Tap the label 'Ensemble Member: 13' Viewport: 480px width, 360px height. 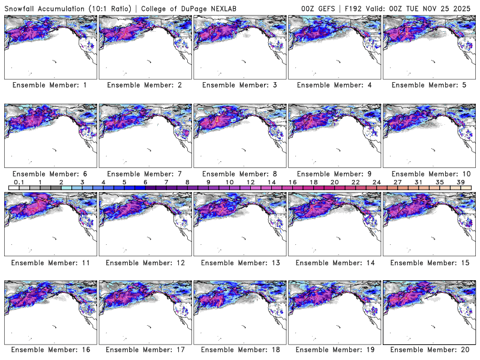pyautogui.click(x=239, y=262)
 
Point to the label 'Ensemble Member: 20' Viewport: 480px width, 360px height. pyautogui.click(x=428, y=350)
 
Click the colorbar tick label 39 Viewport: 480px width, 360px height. pyautogui.click(x=461, y=182)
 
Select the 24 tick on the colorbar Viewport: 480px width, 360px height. pyautogui.click(x=376, y=182)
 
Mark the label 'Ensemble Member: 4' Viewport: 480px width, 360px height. pyautogui.click(x=334, y=85)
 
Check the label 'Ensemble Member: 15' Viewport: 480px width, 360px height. pyautogui.click(x=428, y=262)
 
